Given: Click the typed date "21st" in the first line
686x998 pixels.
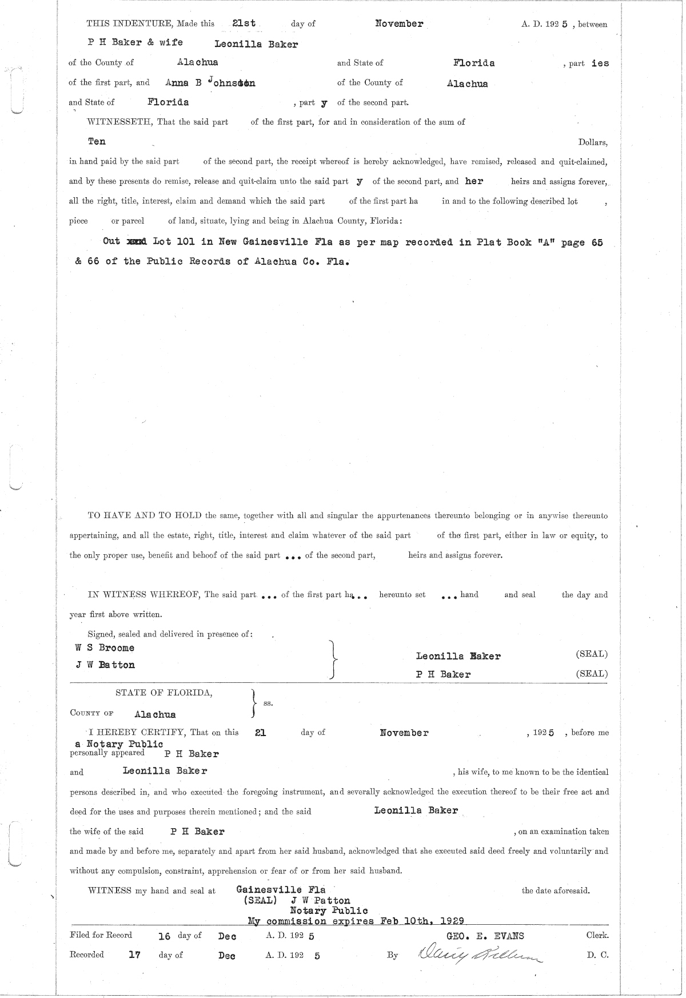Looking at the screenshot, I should (x=244, y=24).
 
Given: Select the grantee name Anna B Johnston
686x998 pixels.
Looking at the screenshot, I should (x=210, y=82).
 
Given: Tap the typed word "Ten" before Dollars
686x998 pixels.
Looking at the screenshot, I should (x=97, y=141).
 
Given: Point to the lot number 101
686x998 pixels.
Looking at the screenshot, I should (x=186, y=241).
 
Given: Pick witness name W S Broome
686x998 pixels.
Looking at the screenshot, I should (x=105, y=648).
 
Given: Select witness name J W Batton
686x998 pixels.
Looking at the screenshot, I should (x=105, y=665).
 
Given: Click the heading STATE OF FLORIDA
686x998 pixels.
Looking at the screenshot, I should (x=164, y=693).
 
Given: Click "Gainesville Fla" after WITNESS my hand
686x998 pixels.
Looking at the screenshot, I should (x=281, y=889).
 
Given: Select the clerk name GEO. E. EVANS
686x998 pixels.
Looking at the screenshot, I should (x=485, y=936).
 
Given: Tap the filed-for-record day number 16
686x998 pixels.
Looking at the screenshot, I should (x=164, y=936).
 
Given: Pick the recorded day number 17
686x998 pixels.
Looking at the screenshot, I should (x=134, y=955).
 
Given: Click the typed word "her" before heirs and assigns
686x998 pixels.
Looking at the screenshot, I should (x=474, y=181).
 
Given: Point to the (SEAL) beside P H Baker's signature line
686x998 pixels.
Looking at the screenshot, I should (x=592, y=674).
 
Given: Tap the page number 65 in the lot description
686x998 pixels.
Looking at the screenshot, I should (x=597, y=241).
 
